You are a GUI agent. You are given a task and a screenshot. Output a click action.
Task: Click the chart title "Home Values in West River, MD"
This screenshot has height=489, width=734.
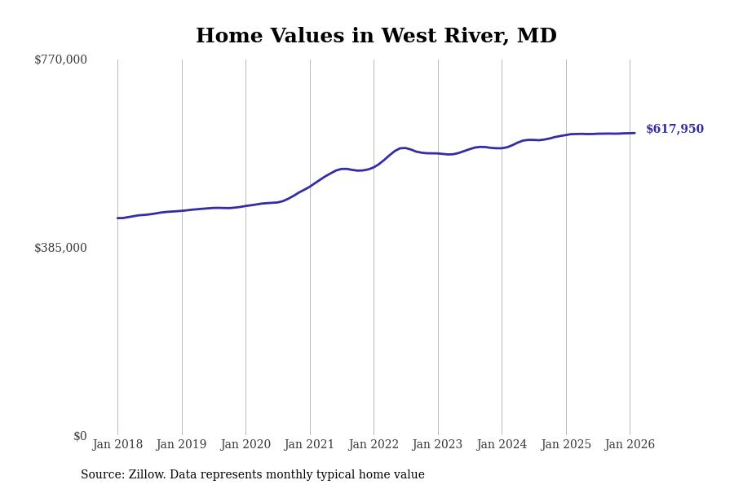376,37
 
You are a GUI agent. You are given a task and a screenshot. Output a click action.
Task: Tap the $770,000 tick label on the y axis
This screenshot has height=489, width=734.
60,59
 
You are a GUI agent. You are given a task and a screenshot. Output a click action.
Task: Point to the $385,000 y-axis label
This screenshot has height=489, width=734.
60,248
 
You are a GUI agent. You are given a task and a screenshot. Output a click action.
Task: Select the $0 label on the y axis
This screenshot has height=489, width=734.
80,436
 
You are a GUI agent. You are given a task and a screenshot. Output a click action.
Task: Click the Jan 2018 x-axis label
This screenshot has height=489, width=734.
117,445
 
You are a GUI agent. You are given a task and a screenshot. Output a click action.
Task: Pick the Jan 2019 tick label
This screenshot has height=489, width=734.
182,445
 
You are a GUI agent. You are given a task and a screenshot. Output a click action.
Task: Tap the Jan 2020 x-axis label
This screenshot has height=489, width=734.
245,445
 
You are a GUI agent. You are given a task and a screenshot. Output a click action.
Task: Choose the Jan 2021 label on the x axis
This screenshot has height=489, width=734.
310,445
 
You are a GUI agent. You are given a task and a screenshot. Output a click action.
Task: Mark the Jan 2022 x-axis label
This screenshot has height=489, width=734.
374,445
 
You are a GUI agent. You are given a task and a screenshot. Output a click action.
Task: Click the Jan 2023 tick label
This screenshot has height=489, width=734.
438,445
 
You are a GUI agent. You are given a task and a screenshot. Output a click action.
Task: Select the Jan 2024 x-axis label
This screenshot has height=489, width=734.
502,445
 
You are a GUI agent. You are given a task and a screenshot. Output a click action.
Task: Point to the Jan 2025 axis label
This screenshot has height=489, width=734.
566,445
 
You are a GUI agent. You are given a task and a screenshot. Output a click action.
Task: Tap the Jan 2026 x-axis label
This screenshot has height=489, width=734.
630,445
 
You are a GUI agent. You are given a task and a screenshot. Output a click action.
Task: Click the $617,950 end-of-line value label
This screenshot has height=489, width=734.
674,130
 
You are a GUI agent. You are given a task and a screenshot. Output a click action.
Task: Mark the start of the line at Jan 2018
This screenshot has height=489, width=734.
117,218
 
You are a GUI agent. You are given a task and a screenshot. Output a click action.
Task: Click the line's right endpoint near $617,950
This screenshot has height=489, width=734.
635,133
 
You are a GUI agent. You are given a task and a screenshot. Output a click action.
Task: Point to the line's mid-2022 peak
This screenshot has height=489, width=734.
403,148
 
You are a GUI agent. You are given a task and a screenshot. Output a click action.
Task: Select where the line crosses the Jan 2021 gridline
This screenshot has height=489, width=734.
310,186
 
